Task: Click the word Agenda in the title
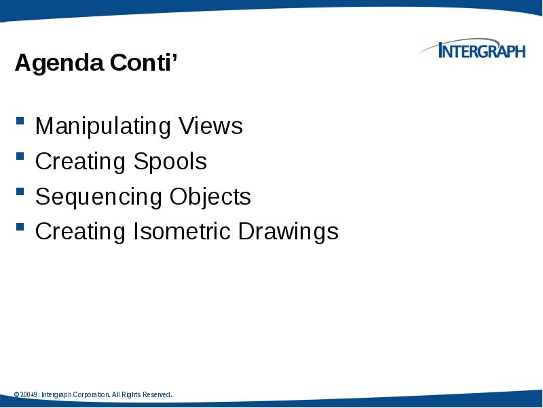pos(50,65)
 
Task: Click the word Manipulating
pos(102,126)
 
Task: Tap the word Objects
pos(210,197)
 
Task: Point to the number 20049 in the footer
pos(29,395)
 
